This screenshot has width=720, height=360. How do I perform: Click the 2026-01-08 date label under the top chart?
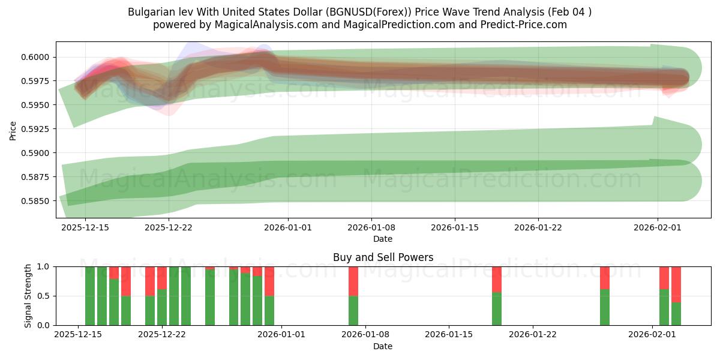tap(371, 227)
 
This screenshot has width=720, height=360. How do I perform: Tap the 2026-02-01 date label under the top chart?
tap(658, 227)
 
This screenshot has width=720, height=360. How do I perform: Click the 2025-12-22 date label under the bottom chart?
tap(162, 335)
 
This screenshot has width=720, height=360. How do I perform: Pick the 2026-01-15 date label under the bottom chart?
tap(449, 335)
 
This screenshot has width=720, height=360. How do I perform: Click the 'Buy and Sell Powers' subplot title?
tap(383, 257)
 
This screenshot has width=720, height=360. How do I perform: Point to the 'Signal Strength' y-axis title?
tap(28, 296)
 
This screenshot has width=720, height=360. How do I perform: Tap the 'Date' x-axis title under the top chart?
tap(383, 239)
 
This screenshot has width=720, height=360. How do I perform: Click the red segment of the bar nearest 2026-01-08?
tap(353, 281)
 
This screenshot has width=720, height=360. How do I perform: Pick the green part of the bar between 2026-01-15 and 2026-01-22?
tap(497, 309)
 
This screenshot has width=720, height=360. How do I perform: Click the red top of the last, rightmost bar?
tap(676, 284)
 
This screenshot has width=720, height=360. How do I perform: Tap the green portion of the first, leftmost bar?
tap(90, 296)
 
